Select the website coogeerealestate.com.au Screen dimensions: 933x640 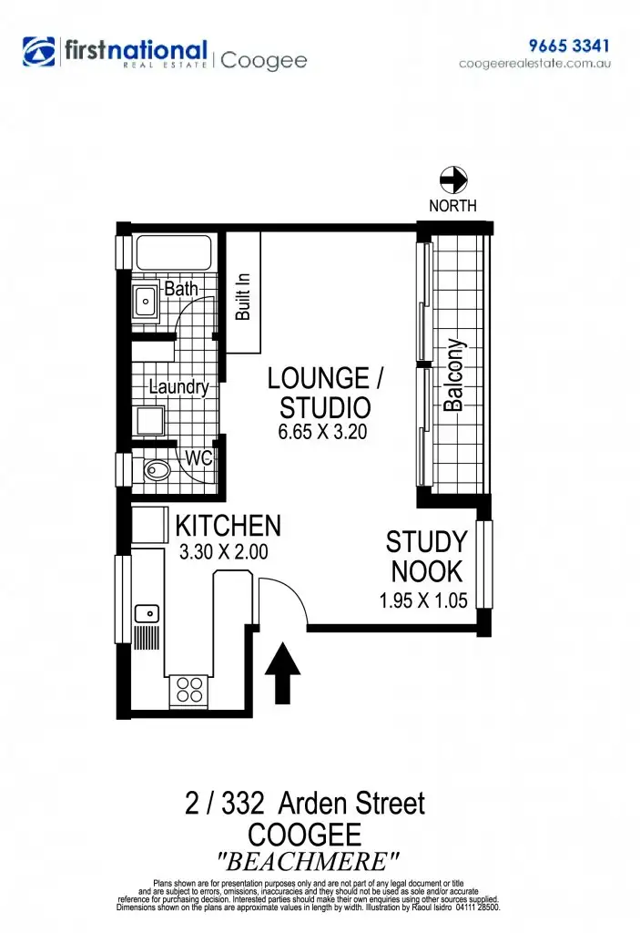click(534, 64)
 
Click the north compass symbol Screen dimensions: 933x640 click(452, 179)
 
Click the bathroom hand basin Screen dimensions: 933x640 click(146, 301)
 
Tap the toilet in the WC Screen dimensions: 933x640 click(157, 471)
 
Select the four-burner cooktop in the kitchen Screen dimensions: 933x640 click(189, 690)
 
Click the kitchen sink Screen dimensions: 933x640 click(146, 612)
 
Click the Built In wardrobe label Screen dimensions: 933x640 click(243, 294)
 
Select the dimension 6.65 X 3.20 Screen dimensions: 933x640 click(322, 433)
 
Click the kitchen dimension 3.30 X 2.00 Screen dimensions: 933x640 click(224, 551)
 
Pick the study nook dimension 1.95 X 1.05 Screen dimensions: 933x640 click(423, 601)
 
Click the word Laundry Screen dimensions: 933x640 click(178, 387)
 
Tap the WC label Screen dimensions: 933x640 click(198, 458)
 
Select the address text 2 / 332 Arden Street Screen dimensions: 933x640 click(304, 804)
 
